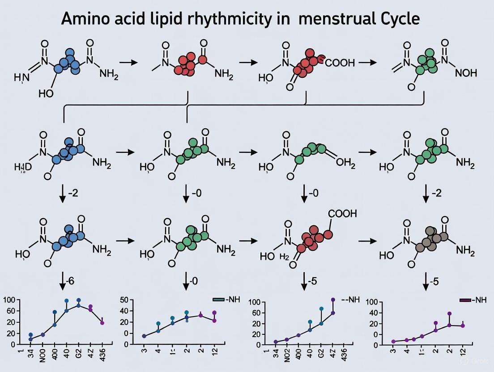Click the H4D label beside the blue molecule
point(19,168)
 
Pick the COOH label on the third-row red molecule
point(343,214)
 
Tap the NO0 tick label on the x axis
point(43,357)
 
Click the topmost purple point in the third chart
point(333,300)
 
